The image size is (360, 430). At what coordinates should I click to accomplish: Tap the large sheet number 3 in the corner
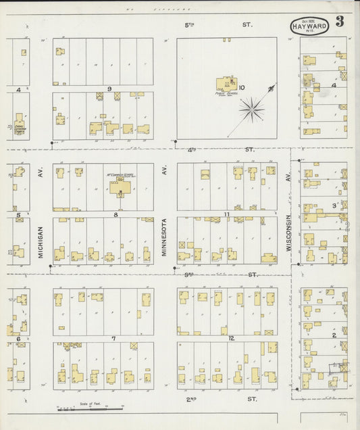point(340,21)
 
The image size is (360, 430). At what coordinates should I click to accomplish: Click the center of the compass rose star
point(253,105)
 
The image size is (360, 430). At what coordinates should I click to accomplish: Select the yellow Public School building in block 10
point(226,85)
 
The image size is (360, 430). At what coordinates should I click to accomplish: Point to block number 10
point(241,87)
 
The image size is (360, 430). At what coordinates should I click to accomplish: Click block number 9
point(108,89)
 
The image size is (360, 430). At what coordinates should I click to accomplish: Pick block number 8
point(115,215)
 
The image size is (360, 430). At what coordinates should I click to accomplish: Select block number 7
point(114,338)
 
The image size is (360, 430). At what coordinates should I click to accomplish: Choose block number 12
point(231,338)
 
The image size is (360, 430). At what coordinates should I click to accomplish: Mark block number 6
point(18,338)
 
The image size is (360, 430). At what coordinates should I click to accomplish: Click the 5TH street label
point(190,25)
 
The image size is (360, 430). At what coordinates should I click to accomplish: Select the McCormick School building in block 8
point(123,186)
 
